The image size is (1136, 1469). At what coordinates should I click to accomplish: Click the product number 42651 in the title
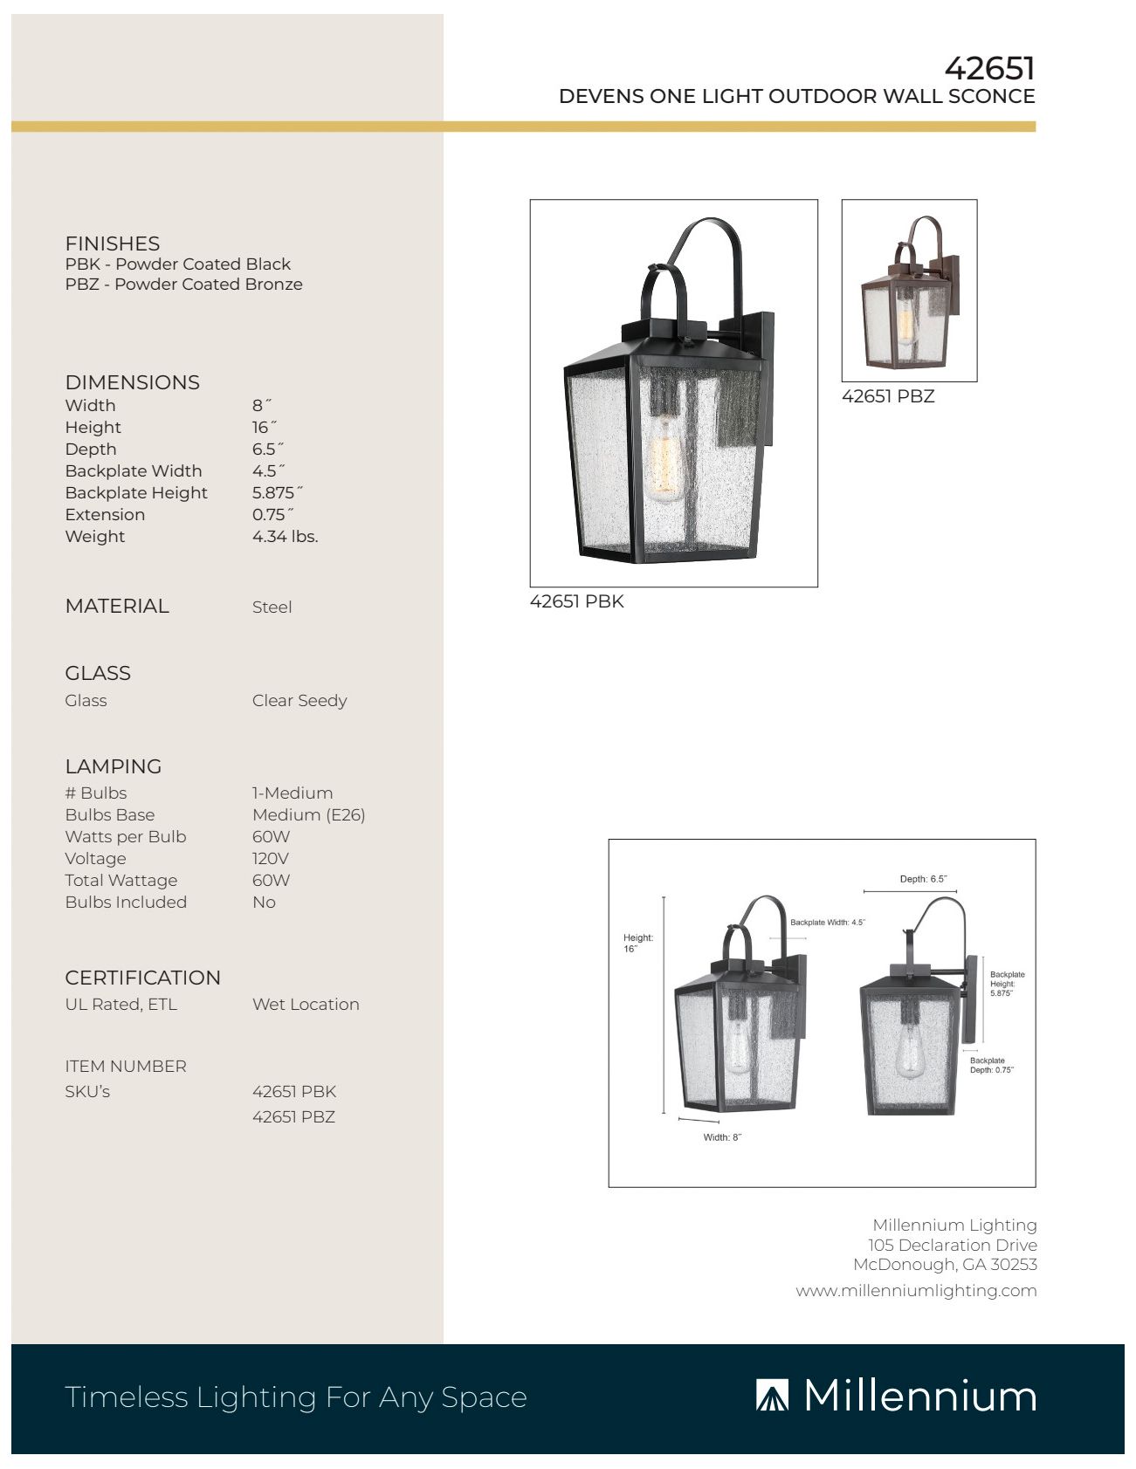(989, 68)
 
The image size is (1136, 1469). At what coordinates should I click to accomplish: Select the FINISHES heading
(113, 244)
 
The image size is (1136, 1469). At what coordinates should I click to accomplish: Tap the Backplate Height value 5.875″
(277, 493)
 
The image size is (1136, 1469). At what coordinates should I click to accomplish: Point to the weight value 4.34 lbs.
(285, 537)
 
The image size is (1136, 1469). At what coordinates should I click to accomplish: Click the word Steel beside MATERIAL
(272, 608)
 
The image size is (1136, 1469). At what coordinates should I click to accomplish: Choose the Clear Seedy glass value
(299, 701)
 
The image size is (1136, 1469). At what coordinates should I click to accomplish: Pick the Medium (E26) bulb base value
(308, 815)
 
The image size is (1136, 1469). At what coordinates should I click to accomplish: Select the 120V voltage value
(271, 859)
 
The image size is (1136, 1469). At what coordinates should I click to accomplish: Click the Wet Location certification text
(306, 1005)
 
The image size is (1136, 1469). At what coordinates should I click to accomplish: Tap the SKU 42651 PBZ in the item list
(293, 1117)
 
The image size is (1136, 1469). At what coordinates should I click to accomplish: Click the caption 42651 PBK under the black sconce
(576, 601)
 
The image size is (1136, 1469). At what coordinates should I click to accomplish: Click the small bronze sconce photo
(909, 291)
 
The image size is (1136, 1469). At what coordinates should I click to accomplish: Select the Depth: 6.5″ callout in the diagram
(923, 879)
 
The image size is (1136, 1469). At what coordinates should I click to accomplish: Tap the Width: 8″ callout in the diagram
(722, 1137)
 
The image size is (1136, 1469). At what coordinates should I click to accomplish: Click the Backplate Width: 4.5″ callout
(827, 923)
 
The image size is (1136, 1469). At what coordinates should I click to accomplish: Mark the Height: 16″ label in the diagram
(637, 943)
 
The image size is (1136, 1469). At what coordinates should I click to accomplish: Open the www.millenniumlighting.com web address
(916, 1291)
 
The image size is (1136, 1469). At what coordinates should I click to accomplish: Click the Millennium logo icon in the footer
(771, 1396)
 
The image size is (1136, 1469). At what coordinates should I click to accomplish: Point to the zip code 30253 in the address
(1013, 1265)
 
